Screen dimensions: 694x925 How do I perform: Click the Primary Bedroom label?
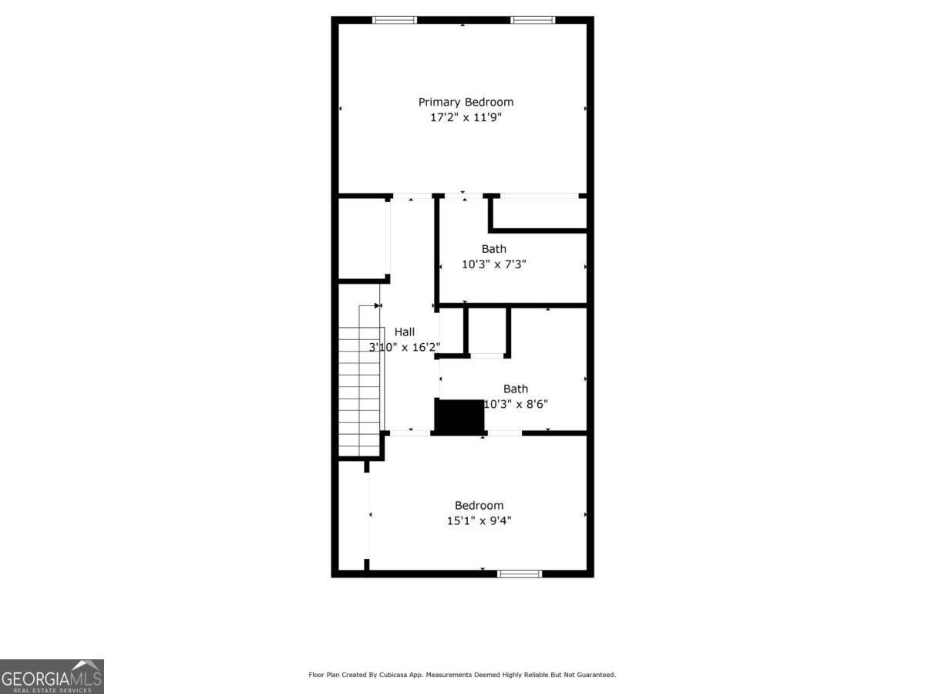pos(466,102)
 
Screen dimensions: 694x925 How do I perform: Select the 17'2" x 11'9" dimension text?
pos(466,117)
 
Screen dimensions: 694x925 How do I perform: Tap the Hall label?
pos(405,332)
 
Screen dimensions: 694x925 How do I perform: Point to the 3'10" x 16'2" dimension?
pos(405,347)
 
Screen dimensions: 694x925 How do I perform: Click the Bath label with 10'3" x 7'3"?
pos(494,248)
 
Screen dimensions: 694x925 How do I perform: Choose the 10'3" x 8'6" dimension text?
pos(516,403)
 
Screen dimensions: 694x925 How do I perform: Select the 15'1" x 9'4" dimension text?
pos(479,520)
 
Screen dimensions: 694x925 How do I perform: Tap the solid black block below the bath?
pos(459,416)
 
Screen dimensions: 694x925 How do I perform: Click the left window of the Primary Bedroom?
pos(395,20)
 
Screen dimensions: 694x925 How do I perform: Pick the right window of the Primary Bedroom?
pos(533,20)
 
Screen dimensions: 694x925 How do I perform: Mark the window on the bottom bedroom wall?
pos(519,573)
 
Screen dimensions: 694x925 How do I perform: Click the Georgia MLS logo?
pos(52,676)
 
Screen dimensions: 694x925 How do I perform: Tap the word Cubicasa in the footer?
pos(395,675)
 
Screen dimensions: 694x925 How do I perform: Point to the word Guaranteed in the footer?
pos(595,675)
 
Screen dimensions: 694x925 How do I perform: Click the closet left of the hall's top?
pos(362,239)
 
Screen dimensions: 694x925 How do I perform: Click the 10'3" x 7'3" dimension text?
pos(494,264)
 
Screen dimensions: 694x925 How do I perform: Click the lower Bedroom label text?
pos(479,505)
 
